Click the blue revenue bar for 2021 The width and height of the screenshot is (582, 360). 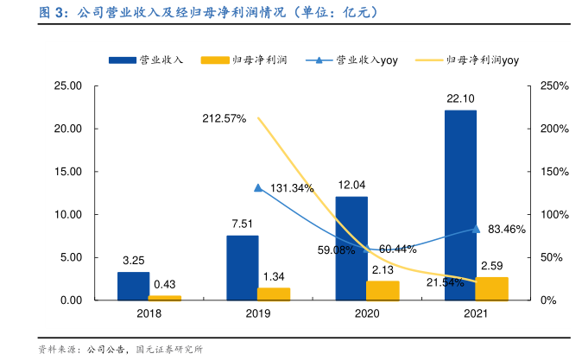pos(460,205)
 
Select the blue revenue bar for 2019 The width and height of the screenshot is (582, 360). pos(243,268)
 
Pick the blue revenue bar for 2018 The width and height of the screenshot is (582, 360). pos(133,286)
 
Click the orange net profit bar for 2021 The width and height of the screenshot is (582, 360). pos(492,288)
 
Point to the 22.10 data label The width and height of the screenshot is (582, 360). pos(460,99)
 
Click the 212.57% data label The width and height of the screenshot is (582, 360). pos(225,117)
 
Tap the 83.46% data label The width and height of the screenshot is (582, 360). pos(507,229)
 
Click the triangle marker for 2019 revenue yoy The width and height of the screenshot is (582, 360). pos(258,187)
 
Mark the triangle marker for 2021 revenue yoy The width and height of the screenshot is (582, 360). pos(476,229)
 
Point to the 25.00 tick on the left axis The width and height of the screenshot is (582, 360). pos(66,86)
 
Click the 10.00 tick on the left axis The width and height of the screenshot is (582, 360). pos(66,215)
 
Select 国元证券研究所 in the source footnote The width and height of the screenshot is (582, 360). pos(169,350)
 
